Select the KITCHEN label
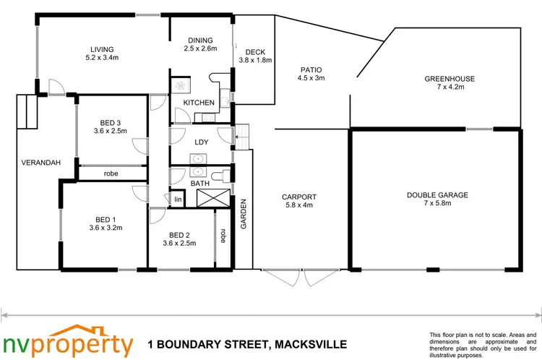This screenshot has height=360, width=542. (x=198, y=103)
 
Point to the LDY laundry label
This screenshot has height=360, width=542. (x=201, y=142)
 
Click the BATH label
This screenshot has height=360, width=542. (x=200, y=184)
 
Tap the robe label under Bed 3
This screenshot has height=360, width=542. (x=111, y=173)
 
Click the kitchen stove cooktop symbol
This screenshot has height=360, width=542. (x=180, y=85)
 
